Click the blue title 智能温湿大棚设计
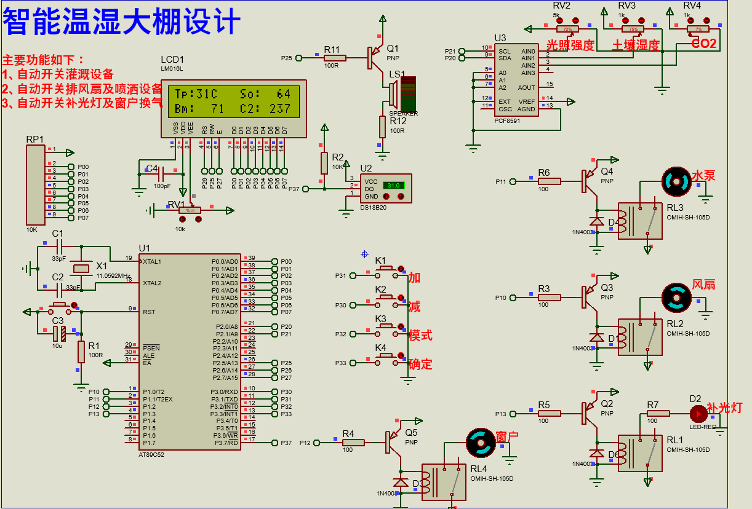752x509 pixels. coord(121,23)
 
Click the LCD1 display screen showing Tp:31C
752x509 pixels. coord(233,101)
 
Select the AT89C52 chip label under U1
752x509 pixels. coord(152,455)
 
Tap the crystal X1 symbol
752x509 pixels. coord(81,268)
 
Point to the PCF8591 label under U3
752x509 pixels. coord(508,121)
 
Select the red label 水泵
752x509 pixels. coord(703,176)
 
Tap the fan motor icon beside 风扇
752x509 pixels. coord(676,298)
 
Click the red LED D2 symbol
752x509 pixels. coord(697,413)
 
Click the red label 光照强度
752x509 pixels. coord(570,45)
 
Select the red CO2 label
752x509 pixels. coord(704,44)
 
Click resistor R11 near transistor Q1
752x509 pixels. coord(335,58)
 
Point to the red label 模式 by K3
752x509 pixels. coord(420,336)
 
